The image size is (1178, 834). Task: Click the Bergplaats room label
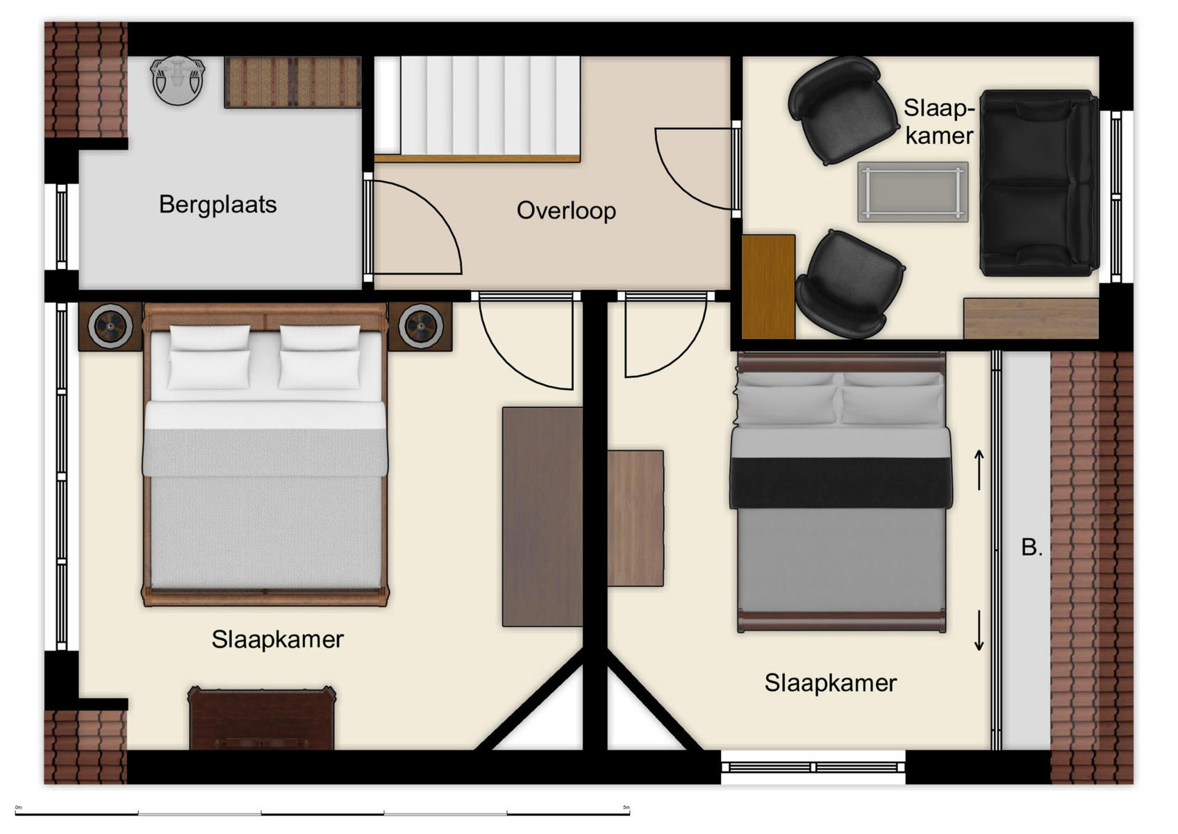[217, 204]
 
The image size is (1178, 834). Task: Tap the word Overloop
[566, 211]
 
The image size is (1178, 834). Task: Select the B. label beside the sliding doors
[1031, 547]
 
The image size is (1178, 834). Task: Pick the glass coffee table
[912, 192]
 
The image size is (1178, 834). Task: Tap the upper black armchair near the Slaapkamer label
[841, 110]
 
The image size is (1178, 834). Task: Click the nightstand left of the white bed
[110, 325]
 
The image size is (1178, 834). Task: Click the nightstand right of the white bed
[420, 325]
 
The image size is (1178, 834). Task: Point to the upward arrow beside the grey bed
[979, 469]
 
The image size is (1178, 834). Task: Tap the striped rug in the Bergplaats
[292, 82]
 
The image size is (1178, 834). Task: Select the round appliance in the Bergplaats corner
[178, 80]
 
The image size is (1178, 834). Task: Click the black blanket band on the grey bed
[840, 482]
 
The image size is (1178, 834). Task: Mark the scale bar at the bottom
[322, 812]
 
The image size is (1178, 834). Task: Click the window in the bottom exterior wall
[813, 767]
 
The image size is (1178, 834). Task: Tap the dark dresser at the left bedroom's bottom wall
[261, 719]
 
